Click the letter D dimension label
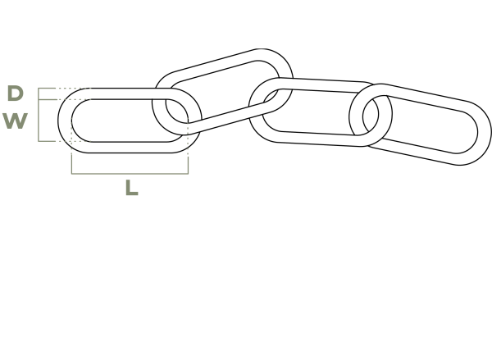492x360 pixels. (16, 93)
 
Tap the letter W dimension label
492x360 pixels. (16, 121)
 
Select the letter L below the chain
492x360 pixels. (132, 188)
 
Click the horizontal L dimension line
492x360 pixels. (130, 173)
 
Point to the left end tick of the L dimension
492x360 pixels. (71, 163)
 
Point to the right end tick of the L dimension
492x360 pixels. (188, 165)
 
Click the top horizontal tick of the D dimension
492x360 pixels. (47, 89)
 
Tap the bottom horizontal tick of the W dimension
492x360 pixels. (47, 141)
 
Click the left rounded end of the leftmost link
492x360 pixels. (65, 121)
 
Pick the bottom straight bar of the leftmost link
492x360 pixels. (129, 148)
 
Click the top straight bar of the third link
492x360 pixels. (320, 85)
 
